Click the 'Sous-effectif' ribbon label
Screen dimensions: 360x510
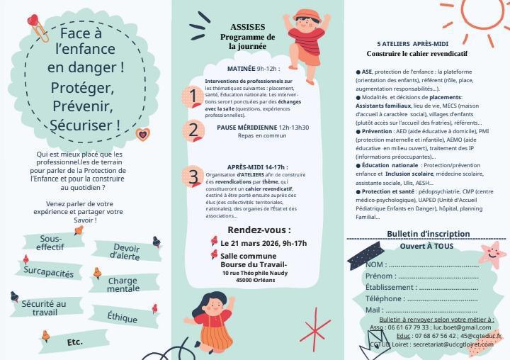pyautogui.click(x=50, y=243)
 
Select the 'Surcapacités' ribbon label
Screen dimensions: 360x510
pyautogui.click(x=48, y=271)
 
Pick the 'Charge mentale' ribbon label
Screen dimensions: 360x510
pyautogui.click(x=123, y=285)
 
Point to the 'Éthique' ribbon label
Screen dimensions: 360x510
pyautogui.click(x=123, y=316)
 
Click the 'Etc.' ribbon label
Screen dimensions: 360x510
pyautogui.click(x=74, y=342)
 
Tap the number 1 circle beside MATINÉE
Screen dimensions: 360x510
pyautogui.click(x=192, y=96)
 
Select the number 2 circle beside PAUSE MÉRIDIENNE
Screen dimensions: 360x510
pyautogui.click(x=192, y=131)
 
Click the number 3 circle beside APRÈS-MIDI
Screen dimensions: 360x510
pyautogui.click(x=192, y=176)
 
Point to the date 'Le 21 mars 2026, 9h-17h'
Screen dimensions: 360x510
pyautogui.click(x=259, y=243)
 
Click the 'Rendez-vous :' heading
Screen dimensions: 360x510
pyautogui.click(x=259, y=230)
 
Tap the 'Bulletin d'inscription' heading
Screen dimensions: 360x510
pyautogui.click(x=428, y=234)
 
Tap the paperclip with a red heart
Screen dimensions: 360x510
pyautogui.click(x=37, y=27)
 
